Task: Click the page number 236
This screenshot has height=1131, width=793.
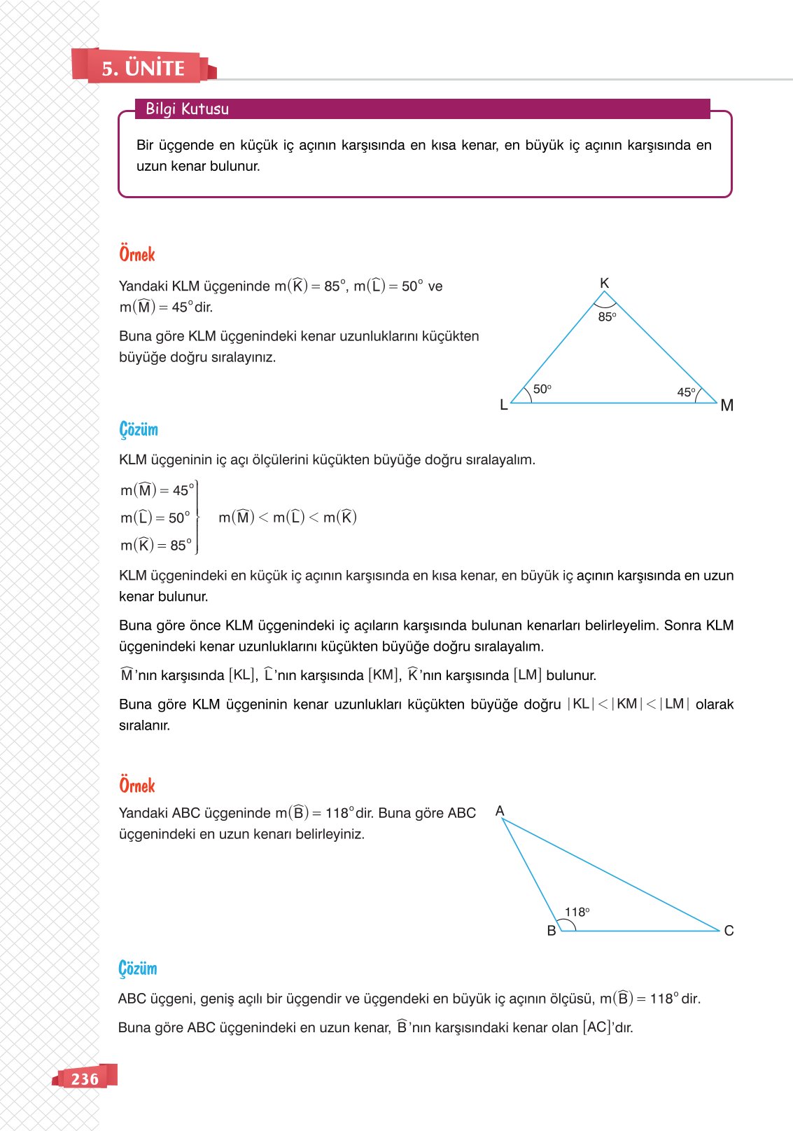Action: pos(85,1078)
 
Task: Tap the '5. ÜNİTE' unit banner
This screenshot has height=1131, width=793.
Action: pos(143,68)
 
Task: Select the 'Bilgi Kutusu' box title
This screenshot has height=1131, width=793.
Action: pos(187,109)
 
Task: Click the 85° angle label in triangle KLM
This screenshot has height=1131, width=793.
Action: pos(607,317)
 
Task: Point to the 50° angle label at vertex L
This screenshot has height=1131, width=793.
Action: pos(542,389)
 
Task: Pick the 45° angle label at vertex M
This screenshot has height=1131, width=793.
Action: pos(686,392)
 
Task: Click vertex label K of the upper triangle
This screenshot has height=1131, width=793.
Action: pos(605,283)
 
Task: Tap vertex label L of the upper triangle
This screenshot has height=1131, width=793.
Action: pos(503,405)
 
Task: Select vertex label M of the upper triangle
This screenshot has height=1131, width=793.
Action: pos(727,405)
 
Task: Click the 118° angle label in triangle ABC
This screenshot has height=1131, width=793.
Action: pos(577,912)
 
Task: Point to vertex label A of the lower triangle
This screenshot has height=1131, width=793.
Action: pos(500,811)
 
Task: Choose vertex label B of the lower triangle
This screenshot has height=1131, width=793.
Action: pos(552,931)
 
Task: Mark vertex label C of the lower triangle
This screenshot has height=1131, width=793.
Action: pos(729,931)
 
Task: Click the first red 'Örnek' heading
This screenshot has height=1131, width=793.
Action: pos(137,254)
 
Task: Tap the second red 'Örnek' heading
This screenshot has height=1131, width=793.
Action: pos(137,786)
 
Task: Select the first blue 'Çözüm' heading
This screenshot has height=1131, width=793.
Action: pos(139,429)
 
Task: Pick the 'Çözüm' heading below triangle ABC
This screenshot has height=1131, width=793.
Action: pos(138,969)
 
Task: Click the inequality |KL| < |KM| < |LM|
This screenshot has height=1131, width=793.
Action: pos(628,704)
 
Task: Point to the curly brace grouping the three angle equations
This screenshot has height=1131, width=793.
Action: pos(197,518)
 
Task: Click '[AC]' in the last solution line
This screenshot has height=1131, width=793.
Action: pos(597,1027)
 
